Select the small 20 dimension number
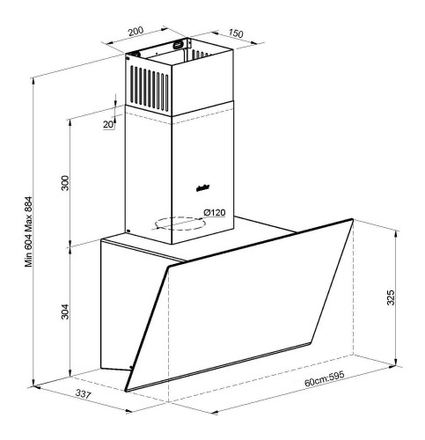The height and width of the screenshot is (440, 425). pos(108,125)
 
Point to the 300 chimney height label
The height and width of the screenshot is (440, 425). pos(64,182)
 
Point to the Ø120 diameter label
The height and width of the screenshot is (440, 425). pos(214,212)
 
